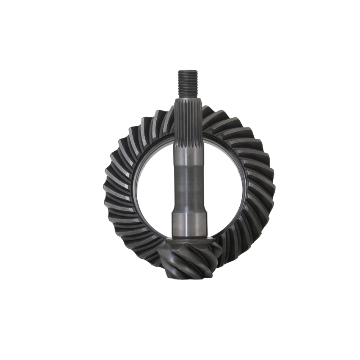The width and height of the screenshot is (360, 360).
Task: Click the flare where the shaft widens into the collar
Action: [x=187, y=210]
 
